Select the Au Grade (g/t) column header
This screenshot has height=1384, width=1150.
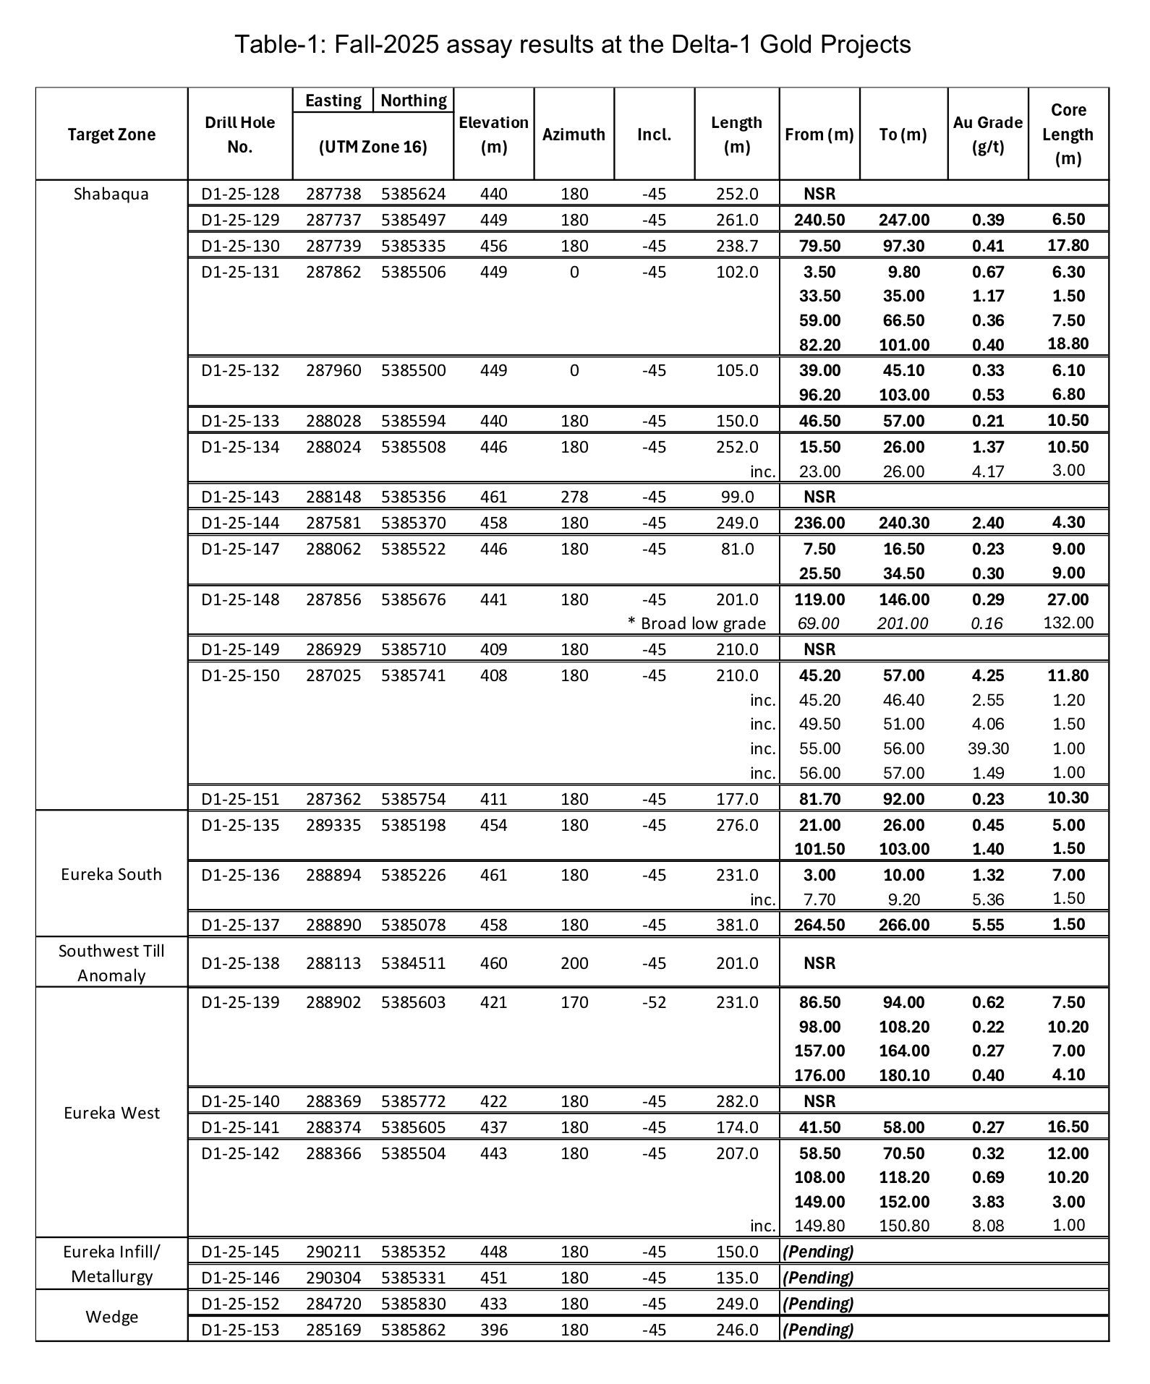point(987,134)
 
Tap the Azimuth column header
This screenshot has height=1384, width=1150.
point(574,134)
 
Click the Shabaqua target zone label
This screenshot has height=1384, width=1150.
point(111,194)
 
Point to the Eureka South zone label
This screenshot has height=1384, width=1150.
point(111,874)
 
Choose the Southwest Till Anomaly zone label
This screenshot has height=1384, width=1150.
point(111,962)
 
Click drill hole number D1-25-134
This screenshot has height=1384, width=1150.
point(240,447)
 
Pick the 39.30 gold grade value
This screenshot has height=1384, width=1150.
point(988,748)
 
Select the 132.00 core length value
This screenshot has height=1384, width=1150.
point(1068,623)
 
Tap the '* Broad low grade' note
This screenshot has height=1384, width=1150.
point(697,623)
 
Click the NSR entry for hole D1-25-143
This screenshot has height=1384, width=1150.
point(819,497)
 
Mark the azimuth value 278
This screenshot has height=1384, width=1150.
point(574,497)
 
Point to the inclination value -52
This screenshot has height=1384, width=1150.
point(654,1002)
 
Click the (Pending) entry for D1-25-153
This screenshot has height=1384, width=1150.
point(819,1330)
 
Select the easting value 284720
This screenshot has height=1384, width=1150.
point(333,1304)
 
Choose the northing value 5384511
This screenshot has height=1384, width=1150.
point(414,963)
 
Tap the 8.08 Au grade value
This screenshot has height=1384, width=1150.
point(988,1226)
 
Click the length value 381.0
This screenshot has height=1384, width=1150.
point(736,925)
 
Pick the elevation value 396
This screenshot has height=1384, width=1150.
point(494,1330)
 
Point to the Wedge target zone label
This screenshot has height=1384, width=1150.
point(111,1317)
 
